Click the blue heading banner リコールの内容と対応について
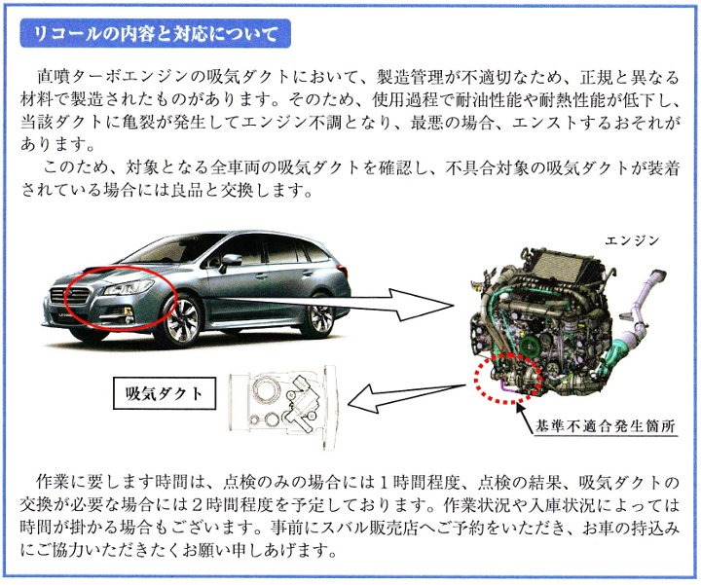[155, 33]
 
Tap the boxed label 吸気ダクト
[165, 393]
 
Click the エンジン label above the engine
[632, 240]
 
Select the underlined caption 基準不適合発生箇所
[606, 426]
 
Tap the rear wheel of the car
[319, 314]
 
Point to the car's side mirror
[231, 261]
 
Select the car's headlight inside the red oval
[129, 287]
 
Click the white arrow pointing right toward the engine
[333, 305]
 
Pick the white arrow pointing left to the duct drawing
[406, 397]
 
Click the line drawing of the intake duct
[282, 405]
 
